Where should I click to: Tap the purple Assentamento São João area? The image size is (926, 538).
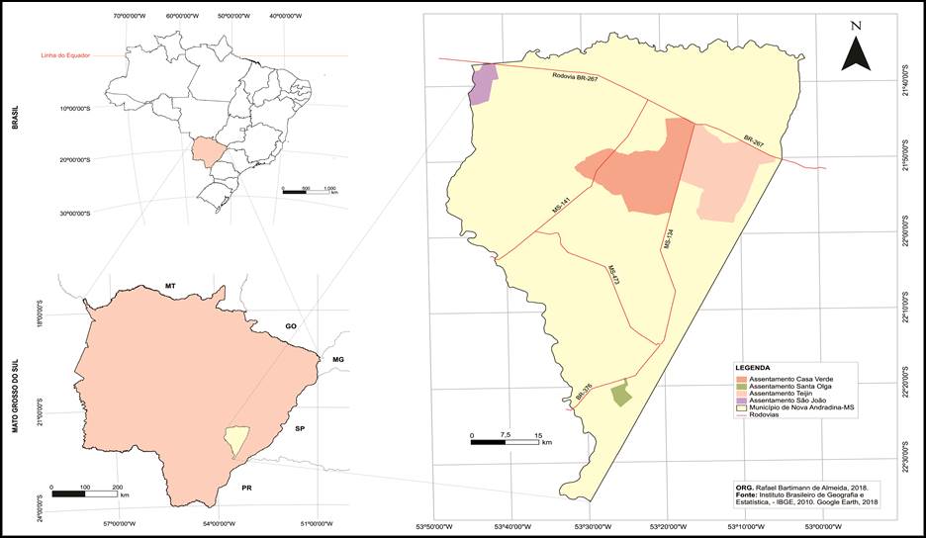click(483, 83)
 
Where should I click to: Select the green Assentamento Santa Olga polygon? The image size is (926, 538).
click(620, 395)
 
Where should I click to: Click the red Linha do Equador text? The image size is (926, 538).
click(65, 55)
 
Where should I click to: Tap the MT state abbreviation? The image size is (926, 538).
click(170, 286)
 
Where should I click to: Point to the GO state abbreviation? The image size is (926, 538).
click(291, 324)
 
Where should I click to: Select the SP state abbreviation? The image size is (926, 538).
click(300, 429)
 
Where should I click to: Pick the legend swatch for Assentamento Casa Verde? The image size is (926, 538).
click(742, 379)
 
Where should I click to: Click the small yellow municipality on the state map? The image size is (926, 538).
click(235, 439)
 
